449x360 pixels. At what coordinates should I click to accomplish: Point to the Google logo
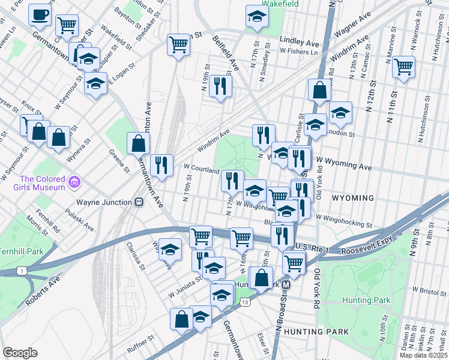[x=20, y=353]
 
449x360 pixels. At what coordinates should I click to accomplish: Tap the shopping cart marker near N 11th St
[x=404, y=67]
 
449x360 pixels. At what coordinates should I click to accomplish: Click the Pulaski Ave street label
[x=81, y=221]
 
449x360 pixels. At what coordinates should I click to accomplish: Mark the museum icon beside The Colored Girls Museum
[x=74, y=182]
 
